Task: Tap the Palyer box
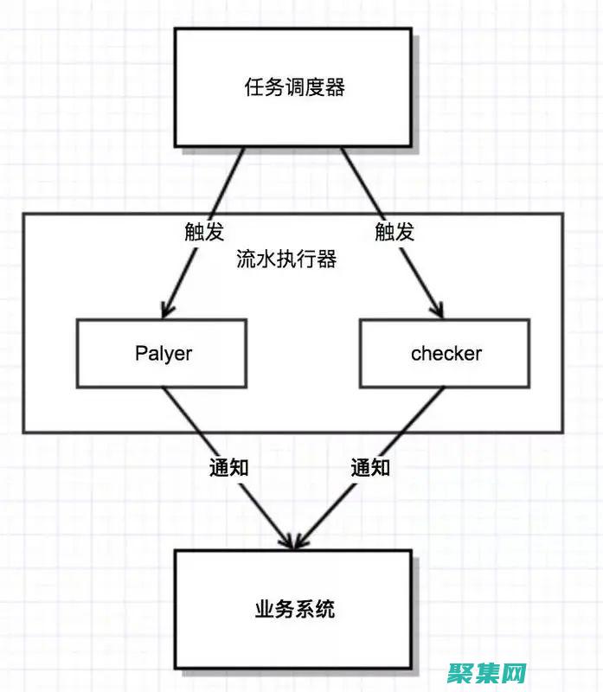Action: pos(162,353)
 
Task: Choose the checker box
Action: pos(445,353)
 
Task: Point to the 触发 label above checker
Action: pos(395,232)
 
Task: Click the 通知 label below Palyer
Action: pos(229,468)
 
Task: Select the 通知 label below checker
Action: pos(370,468)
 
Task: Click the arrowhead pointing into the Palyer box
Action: pos(168,310)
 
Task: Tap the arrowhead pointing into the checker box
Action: pos(438,310)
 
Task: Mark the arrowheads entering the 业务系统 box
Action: pos(292,540)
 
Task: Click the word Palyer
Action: pos(163,353)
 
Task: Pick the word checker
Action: pos(446,353)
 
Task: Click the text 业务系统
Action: pos(294,611)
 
